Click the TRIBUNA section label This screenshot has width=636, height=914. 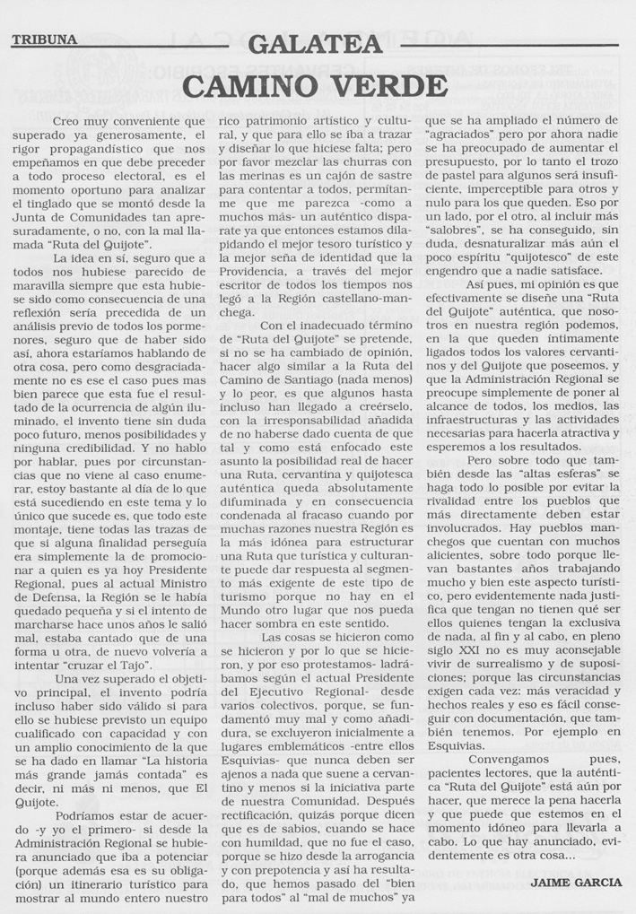(44, 39)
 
